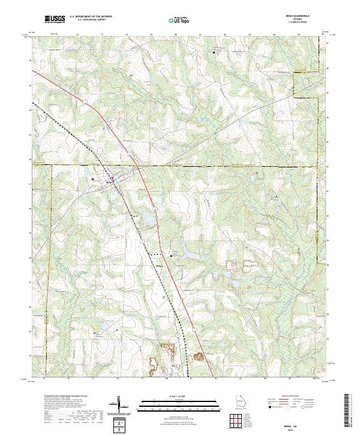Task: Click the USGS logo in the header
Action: (x=55, y=20)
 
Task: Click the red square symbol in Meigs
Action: (x=112, y=176)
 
